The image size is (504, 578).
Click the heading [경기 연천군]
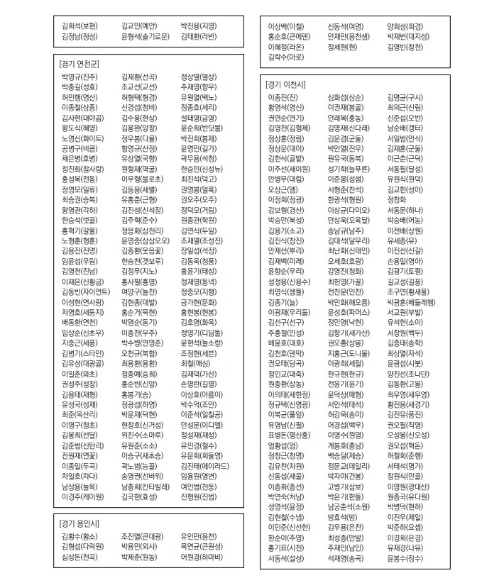[80, 64]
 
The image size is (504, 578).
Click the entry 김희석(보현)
[80, 24]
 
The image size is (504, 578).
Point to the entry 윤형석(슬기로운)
[146, 35]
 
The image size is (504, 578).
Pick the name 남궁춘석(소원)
[349, 507]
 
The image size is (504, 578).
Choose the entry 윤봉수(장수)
[405, 559]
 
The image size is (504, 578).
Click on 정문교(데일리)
[349, 446]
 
